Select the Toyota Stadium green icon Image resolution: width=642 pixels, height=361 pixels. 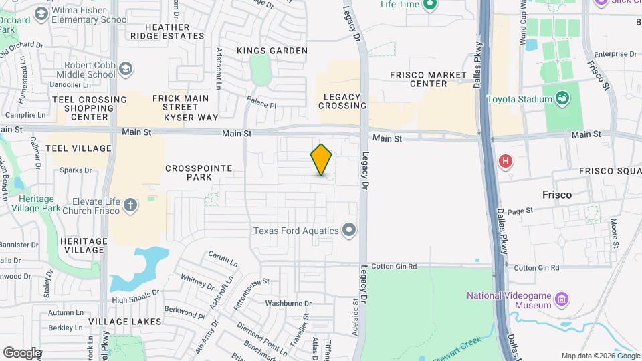[x=563, y=99]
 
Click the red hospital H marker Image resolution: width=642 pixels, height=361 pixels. [x=506, y=161]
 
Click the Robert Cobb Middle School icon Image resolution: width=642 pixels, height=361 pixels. [x=126, y=68]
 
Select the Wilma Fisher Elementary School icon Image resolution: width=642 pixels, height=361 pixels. [x=41, y=14]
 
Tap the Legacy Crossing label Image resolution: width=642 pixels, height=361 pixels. [x=342, y=101]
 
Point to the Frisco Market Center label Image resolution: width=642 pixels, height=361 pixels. [x=419, y=79]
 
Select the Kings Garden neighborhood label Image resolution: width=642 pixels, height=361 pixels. [x=272, y=51]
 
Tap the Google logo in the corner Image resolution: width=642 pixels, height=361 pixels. [x=22, y=352]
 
